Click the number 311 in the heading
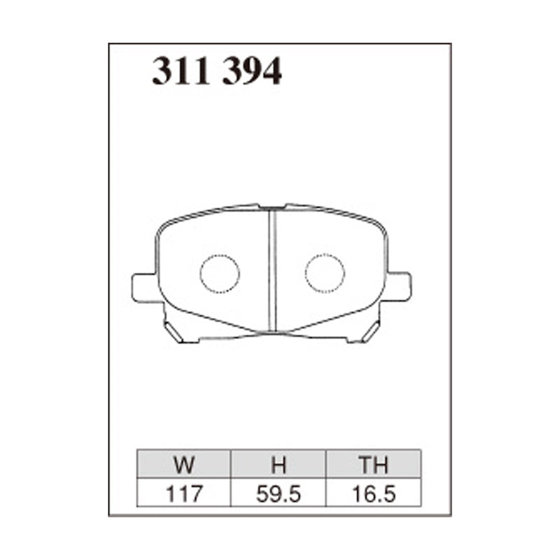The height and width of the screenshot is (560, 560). pos(181,71)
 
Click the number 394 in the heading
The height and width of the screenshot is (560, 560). pos(252,71)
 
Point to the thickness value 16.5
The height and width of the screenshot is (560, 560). pos(373,493)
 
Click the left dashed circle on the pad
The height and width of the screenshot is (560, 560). pos(220,273)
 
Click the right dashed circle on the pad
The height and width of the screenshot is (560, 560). pos(325,273)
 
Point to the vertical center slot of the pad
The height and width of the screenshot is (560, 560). pos(272,269)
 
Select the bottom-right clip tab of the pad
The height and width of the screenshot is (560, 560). pos(369,330)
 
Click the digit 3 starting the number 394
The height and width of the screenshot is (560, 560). pos(233,71)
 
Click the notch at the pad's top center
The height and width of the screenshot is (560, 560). pos(272,207)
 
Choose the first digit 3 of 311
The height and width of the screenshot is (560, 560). pos(162,71)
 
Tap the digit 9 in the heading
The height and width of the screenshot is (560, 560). pos(253,71)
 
